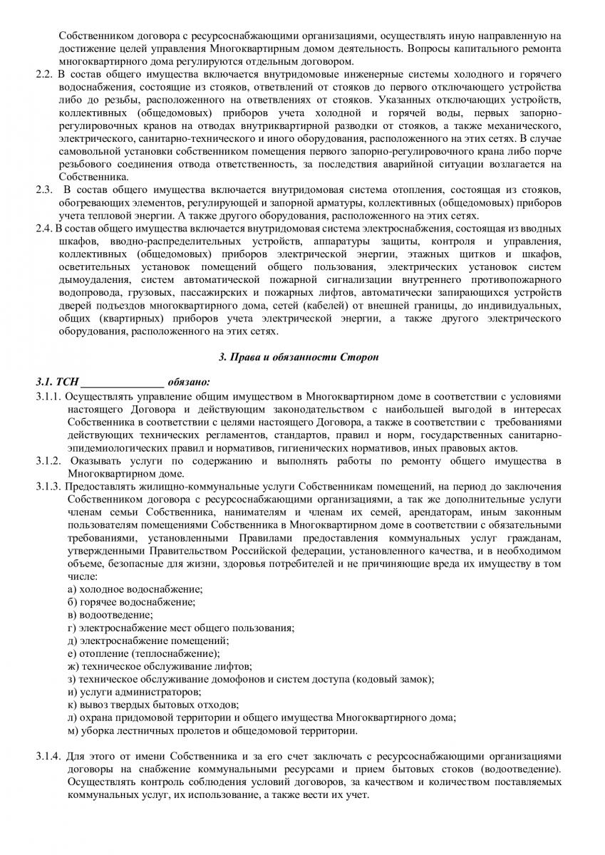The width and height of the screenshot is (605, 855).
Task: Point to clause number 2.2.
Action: tap(43, 74)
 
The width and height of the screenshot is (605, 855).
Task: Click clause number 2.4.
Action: tap(44, 228)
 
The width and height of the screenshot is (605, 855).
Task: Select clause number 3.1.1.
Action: tap(49, 396)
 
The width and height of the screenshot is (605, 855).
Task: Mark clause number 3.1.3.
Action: tap(49, 487)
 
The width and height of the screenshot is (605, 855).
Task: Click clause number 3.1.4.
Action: tap(49, 755)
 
